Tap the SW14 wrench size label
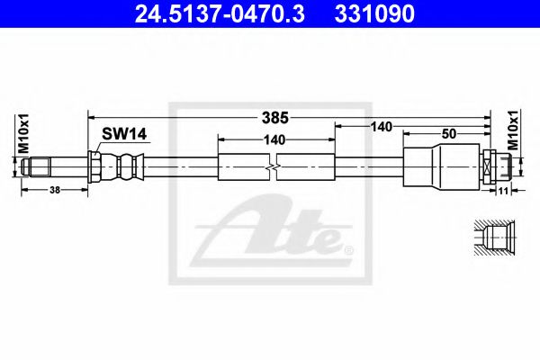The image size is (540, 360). point(124,134)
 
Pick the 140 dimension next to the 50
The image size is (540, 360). point(381,128)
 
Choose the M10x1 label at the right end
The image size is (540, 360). point(514,131)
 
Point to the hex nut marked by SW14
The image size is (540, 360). point(95,166)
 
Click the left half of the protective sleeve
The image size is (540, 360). point(244,167)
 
